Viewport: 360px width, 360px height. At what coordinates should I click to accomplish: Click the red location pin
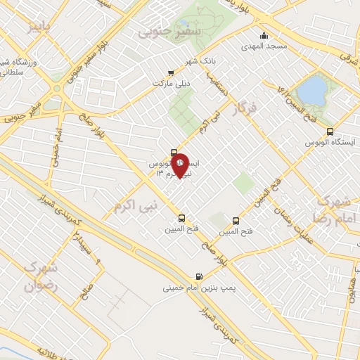(180, 165)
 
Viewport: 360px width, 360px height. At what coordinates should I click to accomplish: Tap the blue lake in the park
(312, 89)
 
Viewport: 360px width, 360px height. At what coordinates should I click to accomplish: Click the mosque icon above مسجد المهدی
(264, 36)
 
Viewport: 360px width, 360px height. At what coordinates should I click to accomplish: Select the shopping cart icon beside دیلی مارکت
(171, 72)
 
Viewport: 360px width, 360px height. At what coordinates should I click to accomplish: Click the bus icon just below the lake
(330, 131)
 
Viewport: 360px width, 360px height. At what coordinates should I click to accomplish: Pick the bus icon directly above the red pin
(174, 152)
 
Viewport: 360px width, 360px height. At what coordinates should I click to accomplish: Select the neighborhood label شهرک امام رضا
(333, 208)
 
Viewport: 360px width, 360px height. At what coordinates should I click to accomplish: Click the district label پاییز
(40, 29)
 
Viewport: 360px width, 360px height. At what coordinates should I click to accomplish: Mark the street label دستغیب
(216, 83)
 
